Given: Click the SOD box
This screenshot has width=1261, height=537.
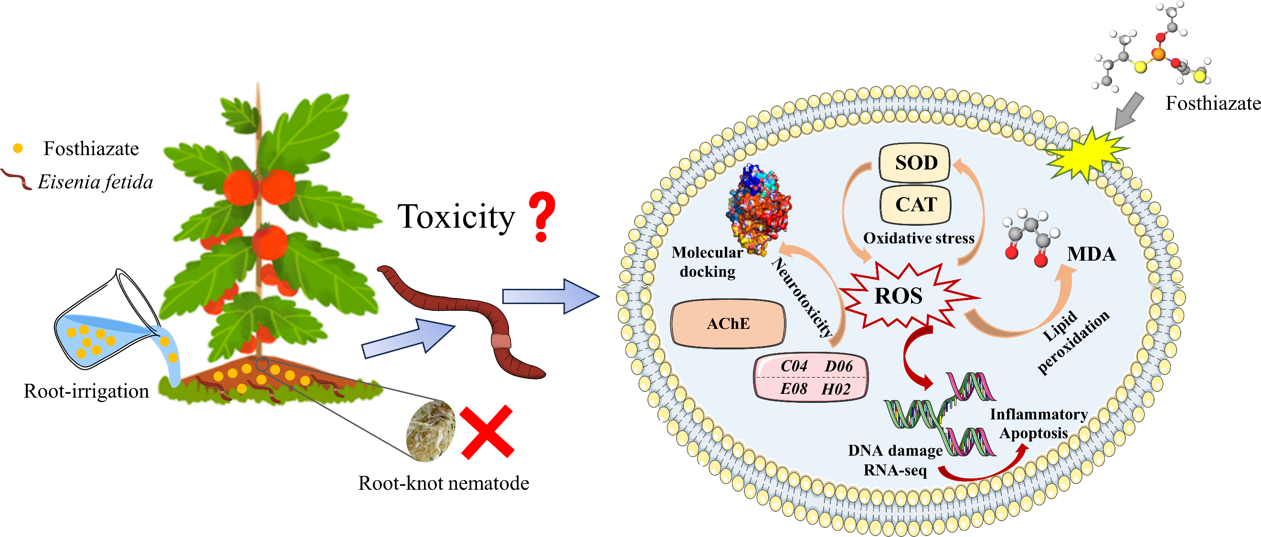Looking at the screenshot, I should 914,162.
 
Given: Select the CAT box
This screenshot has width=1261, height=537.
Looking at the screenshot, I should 915,204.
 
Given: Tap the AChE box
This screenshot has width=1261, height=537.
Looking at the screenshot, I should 729,324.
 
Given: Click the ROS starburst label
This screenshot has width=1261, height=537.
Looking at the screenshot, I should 899,295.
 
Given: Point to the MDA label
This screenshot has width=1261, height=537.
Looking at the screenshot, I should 1091,254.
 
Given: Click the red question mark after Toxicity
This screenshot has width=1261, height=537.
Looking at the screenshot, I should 541,216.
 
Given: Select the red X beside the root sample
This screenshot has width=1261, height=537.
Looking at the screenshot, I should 487,432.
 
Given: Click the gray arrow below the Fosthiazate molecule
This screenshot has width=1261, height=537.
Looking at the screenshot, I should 1128,112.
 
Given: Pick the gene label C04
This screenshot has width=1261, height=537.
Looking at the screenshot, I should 794,366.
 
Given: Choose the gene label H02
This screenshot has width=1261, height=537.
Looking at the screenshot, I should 836,390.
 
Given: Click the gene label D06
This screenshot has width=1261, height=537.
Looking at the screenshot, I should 838,366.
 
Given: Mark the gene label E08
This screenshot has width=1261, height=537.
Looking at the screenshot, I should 794,390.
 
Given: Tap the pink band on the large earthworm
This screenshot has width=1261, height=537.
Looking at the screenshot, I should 501,341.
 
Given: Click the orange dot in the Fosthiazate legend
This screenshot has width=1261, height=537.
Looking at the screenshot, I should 18,148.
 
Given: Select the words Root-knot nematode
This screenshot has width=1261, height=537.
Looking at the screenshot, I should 444,483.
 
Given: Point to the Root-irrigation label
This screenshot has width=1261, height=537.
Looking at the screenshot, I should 86,391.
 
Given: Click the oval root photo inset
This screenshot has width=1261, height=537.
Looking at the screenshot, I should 430,431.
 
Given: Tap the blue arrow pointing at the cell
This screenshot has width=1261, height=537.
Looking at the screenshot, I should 551,296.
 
